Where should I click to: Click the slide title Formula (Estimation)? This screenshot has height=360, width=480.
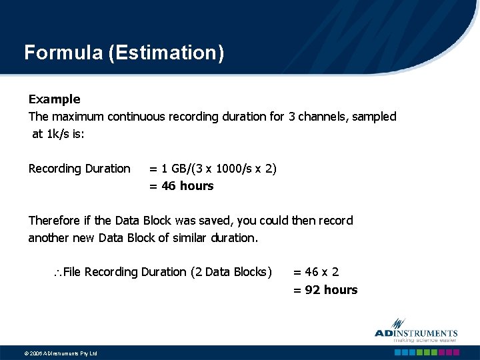click(124, 53)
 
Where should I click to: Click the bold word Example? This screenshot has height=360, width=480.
click(54, 99)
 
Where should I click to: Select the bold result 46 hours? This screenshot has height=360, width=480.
click(187, 186)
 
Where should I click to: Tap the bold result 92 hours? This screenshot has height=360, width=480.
click(331, 290)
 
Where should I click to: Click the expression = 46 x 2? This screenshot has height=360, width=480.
click(316, 272)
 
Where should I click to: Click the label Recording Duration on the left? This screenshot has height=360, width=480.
click(79, 169)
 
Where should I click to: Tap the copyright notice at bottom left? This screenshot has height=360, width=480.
click(51, 353)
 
